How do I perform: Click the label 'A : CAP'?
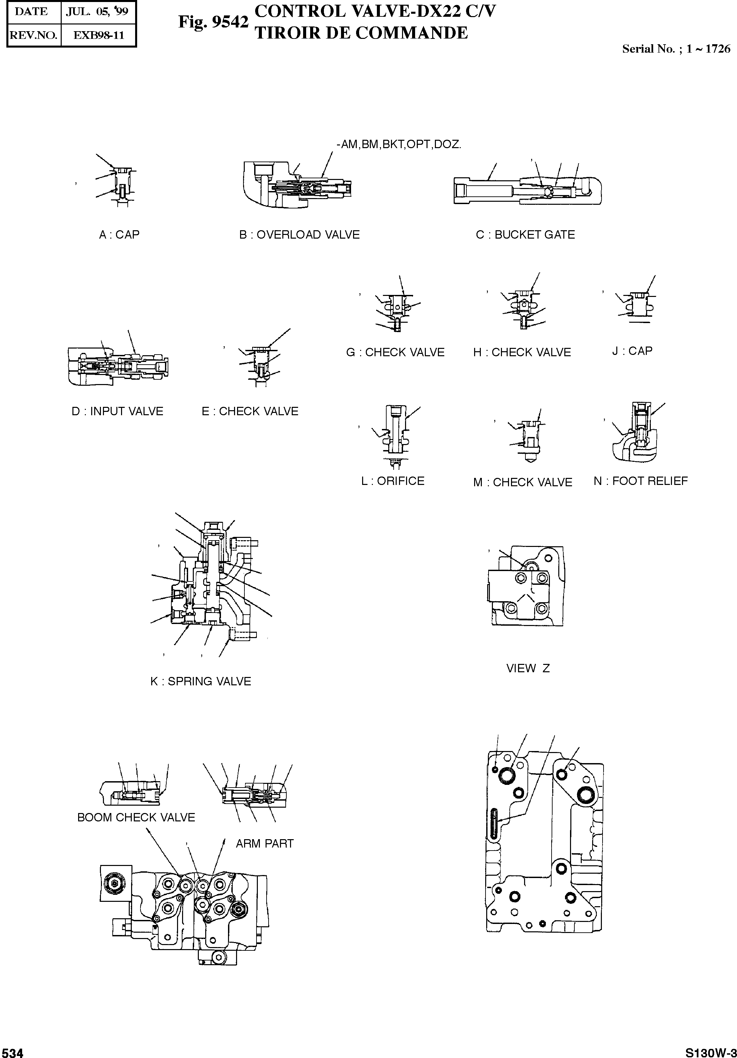tap(119, 235)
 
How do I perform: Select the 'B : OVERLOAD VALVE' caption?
tap(299, 235)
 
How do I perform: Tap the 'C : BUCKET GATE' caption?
tap(525, 235)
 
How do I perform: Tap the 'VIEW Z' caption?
tap(528, 668)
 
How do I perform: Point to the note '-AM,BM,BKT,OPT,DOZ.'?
tap(399, 144)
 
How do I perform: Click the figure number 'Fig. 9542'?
tap(213, 22)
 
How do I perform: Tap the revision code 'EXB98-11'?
tap(99, 36)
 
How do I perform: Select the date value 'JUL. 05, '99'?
tap(97, 11)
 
